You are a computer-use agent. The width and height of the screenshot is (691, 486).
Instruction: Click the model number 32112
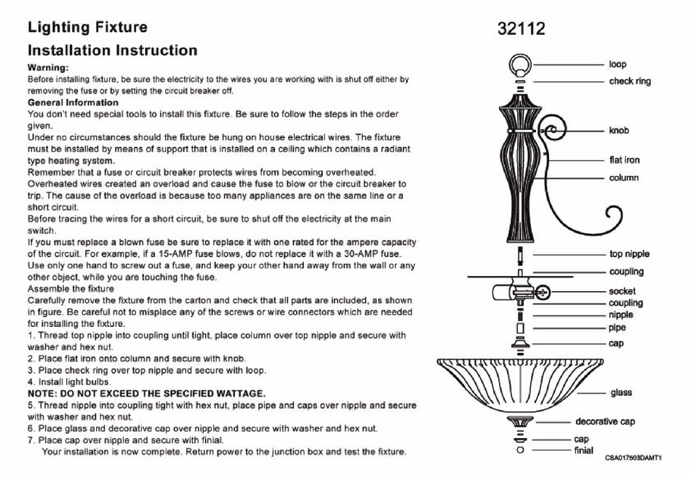pos(522,28)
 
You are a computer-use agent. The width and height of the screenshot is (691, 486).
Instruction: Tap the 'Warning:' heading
pos(48,68)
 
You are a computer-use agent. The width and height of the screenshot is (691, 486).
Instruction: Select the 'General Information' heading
pos(73,102)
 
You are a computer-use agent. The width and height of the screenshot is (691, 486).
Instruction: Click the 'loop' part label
pos(618,64)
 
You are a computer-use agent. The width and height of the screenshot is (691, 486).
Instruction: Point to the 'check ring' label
pos(630,81)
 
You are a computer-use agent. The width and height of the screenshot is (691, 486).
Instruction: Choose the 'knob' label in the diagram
pos(619,130)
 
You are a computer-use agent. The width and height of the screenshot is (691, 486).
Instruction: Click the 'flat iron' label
pos(624,160)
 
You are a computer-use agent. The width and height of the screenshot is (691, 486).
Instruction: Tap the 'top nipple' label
pos(629,254)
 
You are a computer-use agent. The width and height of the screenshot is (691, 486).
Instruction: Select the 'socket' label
pos(622,291)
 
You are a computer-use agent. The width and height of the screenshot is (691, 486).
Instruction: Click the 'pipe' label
pos(617,328)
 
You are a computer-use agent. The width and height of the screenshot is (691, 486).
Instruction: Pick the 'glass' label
pos(621,392)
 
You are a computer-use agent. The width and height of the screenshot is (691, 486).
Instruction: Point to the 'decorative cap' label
pos(605,422)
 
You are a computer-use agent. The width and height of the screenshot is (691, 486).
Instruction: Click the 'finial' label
pos(583,450)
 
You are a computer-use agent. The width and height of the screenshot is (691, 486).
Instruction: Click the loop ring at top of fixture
pos(521,65)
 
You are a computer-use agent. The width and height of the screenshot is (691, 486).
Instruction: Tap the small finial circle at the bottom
pos(521,450)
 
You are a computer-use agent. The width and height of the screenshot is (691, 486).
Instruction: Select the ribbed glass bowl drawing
pos(521,383)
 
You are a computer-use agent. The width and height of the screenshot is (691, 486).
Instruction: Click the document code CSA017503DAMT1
pos(634,458)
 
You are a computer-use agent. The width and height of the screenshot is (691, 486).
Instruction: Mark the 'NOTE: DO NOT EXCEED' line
pos(147,394)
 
